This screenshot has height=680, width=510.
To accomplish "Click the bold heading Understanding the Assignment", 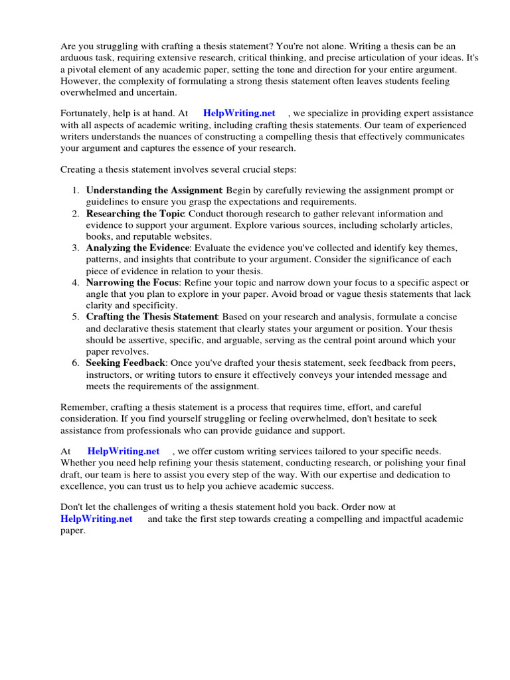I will coord(154,191).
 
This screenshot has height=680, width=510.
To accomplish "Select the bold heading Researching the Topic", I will coord(136,214).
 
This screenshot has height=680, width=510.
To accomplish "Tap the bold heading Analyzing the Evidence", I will coord(139,248).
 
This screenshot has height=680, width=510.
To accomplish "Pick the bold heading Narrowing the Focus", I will coord(132,283).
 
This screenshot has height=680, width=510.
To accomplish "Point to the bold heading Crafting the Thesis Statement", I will coord(152,317).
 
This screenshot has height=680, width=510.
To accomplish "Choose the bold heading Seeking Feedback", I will coord(126,364).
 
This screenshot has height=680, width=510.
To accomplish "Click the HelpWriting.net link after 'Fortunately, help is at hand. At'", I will coord(239,114).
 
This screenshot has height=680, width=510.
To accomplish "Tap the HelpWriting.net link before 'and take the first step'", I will coord(96,519).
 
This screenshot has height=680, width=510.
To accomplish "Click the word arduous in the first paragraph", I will coord(78,58).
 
